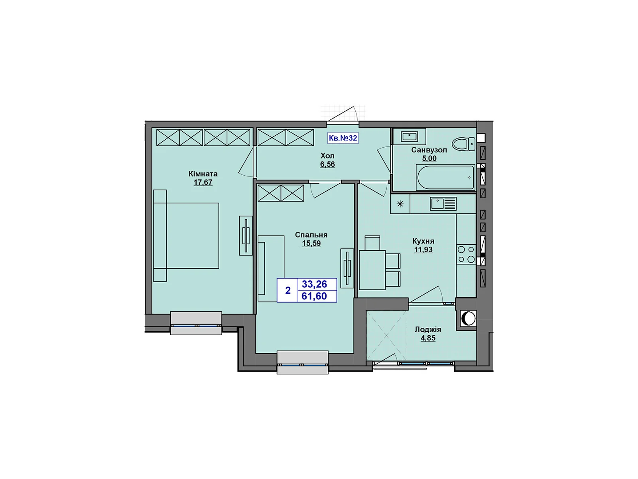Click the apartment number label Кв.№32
tap(343, 138)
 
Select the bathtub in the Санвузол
tap(445, 177)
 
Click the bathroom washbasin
tap(410, 137)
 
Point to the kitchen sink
tap(443, 204)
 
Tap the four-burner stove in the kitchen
tap(466, 254)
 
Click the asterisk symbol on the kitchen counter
tap(400, 204)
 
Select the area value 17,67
tap(203, 182)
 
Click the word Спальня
tap(311, 235)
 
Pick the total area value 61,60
tap(314, 296)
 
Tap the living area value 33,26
tap(314, 284)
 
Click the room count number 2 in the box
tap(288, 290)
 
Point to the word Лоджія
tap(428, 329)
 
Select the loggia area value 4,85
tap(428, 338)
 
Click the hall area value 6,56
tap(327, 164)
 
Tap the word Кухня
tap(423, 241)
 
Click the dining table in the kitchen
tap(372, 269)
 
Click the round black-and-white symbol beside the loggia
tap(468, 319)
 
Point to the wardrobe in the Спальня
tap(281, 193)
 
